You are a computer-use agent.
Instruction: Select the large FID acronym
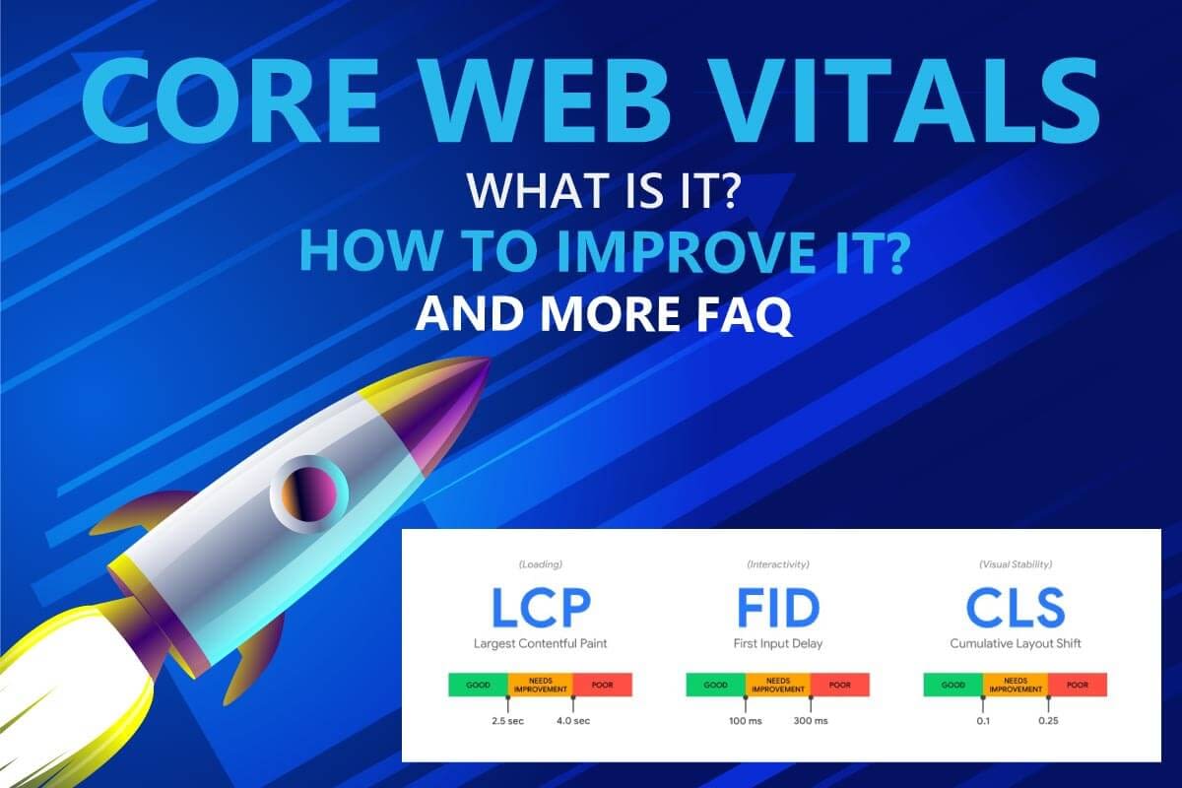(x=778, y=609)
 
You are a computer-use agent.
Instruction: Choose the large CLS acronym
(x=1015, y=609)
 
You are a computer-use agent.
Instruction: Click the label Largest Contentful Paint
(x=540, y=644)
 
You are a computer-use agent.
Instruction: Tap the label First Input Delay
(x=778, y=644)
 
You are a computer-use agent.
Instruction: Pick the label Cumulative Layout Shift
(x=1015, y=644)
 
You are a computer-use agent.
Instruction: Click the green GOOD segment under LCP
(x=478, y=685)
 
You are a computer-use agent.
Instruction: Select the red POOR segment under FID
(x=840, y=685)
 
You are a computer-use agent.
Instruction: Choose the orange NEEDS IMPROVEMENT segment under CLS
(x=1015, y=685)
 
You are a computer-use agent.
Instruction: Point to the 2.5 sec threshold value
(x=509, y=721)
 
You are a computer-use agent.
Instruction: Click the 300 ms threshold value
(x=810, y=721)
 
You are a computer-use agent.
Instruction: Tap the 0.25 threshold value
(x=1048, y=721)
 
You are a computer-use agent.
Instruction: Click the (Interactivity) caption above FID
(x=778, y=564)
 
